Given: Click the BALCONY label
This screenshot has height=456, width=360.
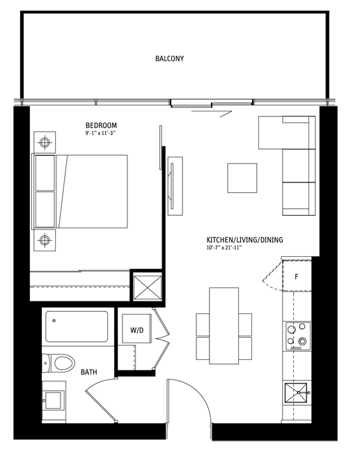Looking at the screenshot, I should click(169, 58).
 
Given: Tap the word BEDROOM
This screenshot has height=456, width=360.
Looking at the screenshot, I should click(101, 125).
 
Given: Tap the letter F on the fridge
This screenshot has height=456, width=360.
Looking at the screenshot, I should click(296, 276).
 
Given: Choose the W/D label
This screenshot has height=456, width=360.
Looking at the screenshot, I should click(136, 330).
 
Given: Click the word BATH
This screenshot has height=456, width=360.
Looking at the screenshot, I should click(88, 372).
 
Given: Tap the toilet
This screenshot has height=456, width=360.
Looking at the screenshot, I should click(60, 363).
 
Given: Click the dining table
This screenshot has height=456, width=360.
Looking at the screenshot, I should click(224, 325).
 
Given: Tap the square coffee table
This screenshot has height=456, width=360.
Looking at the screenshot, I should click(242, 178).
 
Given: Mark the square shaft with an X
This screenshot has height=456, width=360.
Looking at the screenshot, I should click(147, 286).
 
